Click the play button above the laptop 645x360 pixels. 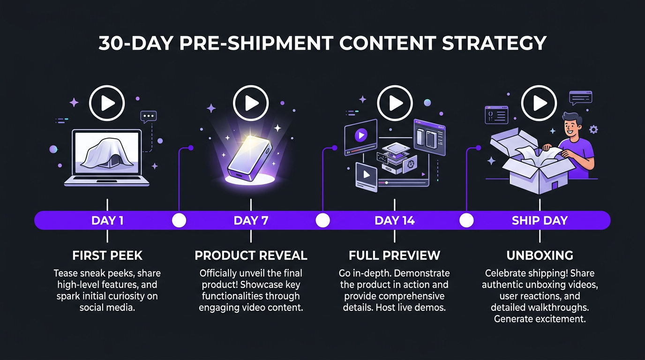107,103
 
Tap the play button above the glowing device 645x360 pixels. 251,103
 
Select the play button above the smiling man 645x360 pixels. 539,103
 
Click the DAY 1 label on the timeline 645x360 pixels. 107,220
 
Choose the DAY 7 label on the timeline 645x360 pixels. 251,220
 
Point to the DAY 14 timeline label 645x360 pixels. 395,220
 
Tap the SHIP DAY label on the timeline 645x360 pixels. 540,220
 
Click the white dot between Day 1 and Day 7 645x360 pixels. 179,220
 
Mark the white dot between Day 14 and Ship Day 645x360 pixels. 466,220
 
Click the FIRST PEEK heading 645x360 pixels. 107,255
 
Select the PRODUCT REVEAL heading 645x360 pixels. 251,255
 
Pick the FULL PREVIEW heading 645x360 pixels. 395,255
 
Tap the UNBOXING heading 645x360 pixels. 540,255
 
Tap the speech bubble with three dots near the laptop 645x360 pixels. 149,116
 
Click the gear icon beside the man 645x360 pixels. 593,129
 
